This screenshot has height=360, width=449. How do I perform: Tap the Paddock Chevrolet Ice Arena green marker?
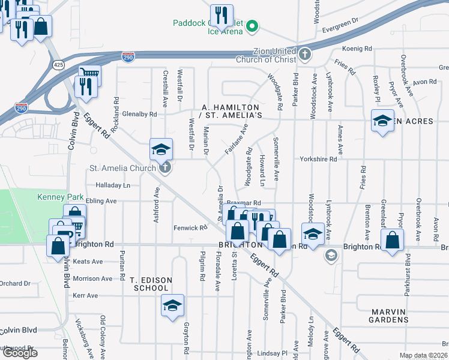[x=253, y=26]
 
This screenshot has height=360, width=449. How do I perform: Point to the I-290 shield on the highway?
[x=128, y=57]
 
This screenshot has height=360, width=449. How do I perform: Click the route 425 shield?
[x=58, y=64]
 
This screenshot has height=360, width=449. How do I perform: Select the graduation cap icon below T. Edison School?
[x=172, y=306]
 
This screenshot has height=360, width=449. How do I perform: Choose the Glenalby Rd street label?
[x=139, y=114]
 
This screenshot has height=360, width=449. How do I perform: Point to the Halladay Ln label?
[x=113, y=186]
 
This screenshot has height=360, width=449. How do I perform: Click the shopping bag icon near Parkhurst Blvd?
[x=392, y=239]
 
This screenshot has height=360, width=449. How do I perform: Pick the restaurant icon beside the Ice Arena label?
[x=221, y=16]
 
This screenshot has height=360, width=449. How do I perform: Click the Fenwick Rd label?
[x=190, y=228]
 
